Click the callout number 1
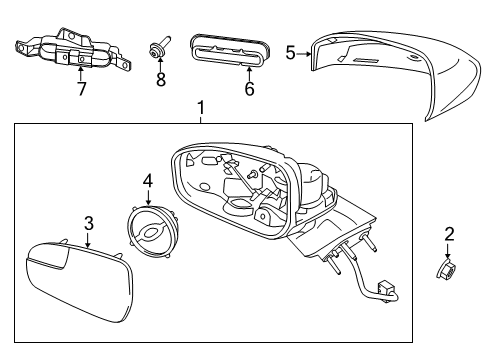pos(200,107)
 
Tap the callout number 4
pos(147,181)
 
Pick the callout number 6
pos(249,89)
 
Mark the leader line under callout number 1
pos(200,118)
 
